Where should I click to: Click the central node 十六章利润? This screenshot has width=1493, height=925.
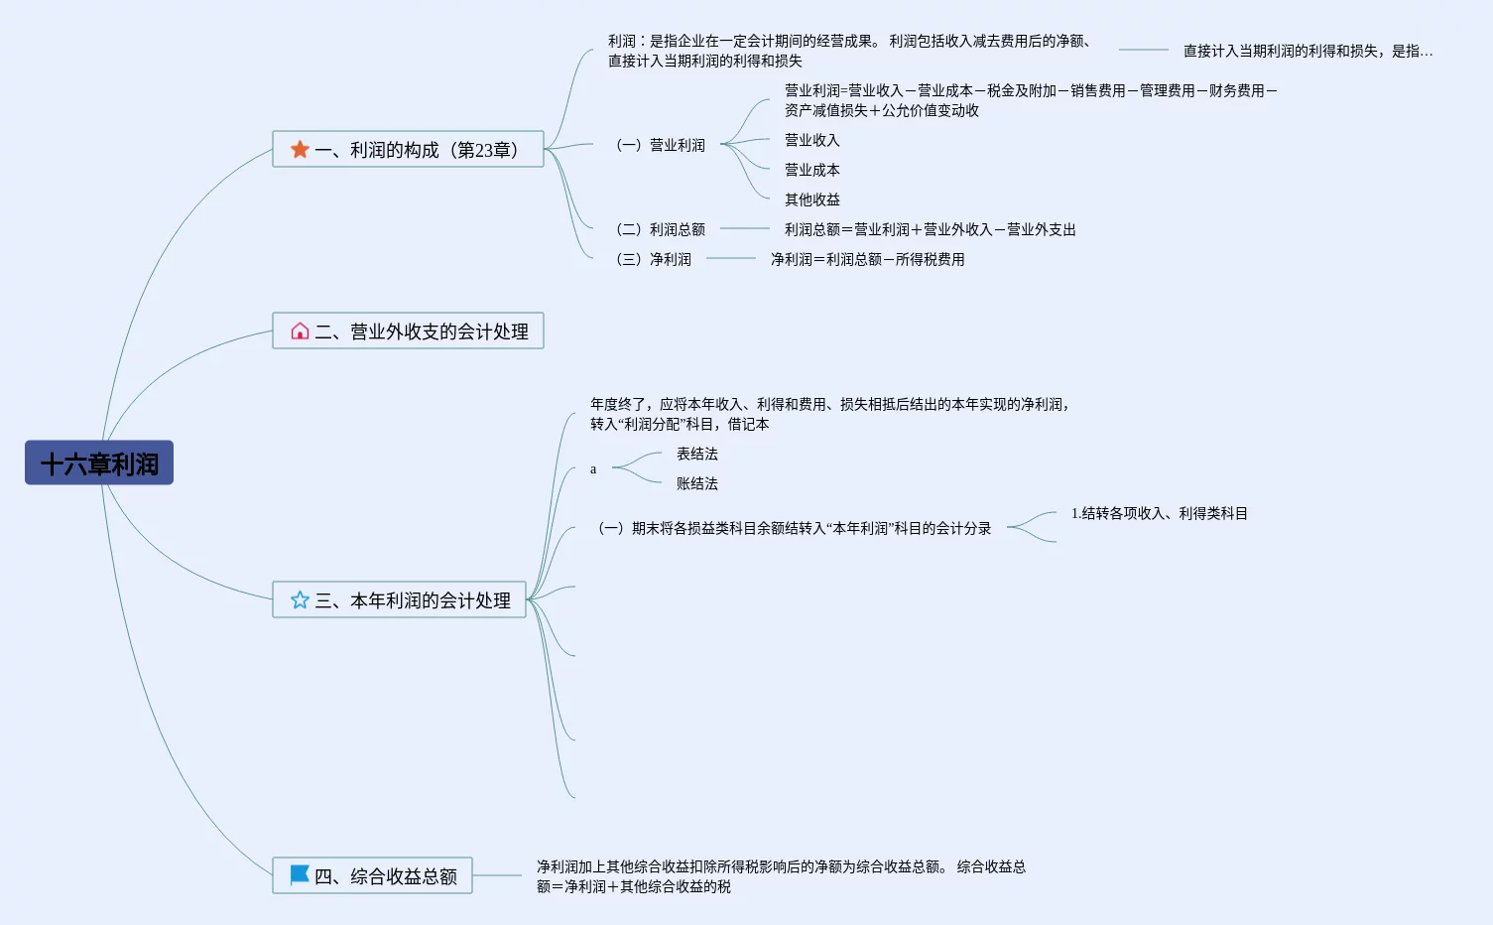99,463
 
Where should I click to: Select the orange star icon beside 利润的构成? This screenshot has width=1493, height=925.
300,149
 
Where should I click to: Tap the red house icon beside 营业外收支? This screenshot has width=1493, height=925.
300,330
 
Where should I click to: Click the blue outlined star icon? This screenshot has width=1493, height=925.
300,599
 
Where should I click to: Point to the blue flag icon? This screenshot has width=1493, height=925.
299,874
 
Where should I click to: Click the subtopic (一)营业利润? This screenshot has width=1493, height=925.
661,145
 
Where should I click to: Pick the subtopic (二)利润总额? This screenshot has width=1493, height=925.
661,229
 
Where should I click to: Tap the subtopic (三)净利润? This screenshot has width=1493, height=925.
654,259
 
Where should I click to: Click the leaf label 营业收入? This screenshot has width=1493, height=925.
811,140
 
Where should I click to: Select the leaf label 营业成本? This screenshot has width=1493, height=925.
811,170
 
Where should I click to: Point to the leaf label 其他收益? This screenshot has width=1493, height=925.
811,199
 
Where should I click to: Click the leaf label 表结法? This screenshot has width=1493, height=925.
696,454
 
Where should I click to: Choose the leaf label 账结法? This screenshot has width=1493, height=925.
696,483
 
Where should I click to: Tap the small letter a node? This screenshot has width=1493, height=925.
593,469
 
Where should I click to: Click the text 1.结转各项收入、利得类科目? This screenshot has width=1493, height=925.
1159,513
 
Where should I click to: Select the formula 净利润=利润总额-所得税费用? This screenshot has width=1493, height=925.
867,259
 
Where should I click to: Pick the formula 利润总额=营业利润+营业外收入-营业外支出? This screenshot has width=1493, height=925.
930,229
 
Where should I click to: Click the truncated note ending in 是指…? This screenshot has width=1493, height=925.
1307,51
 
